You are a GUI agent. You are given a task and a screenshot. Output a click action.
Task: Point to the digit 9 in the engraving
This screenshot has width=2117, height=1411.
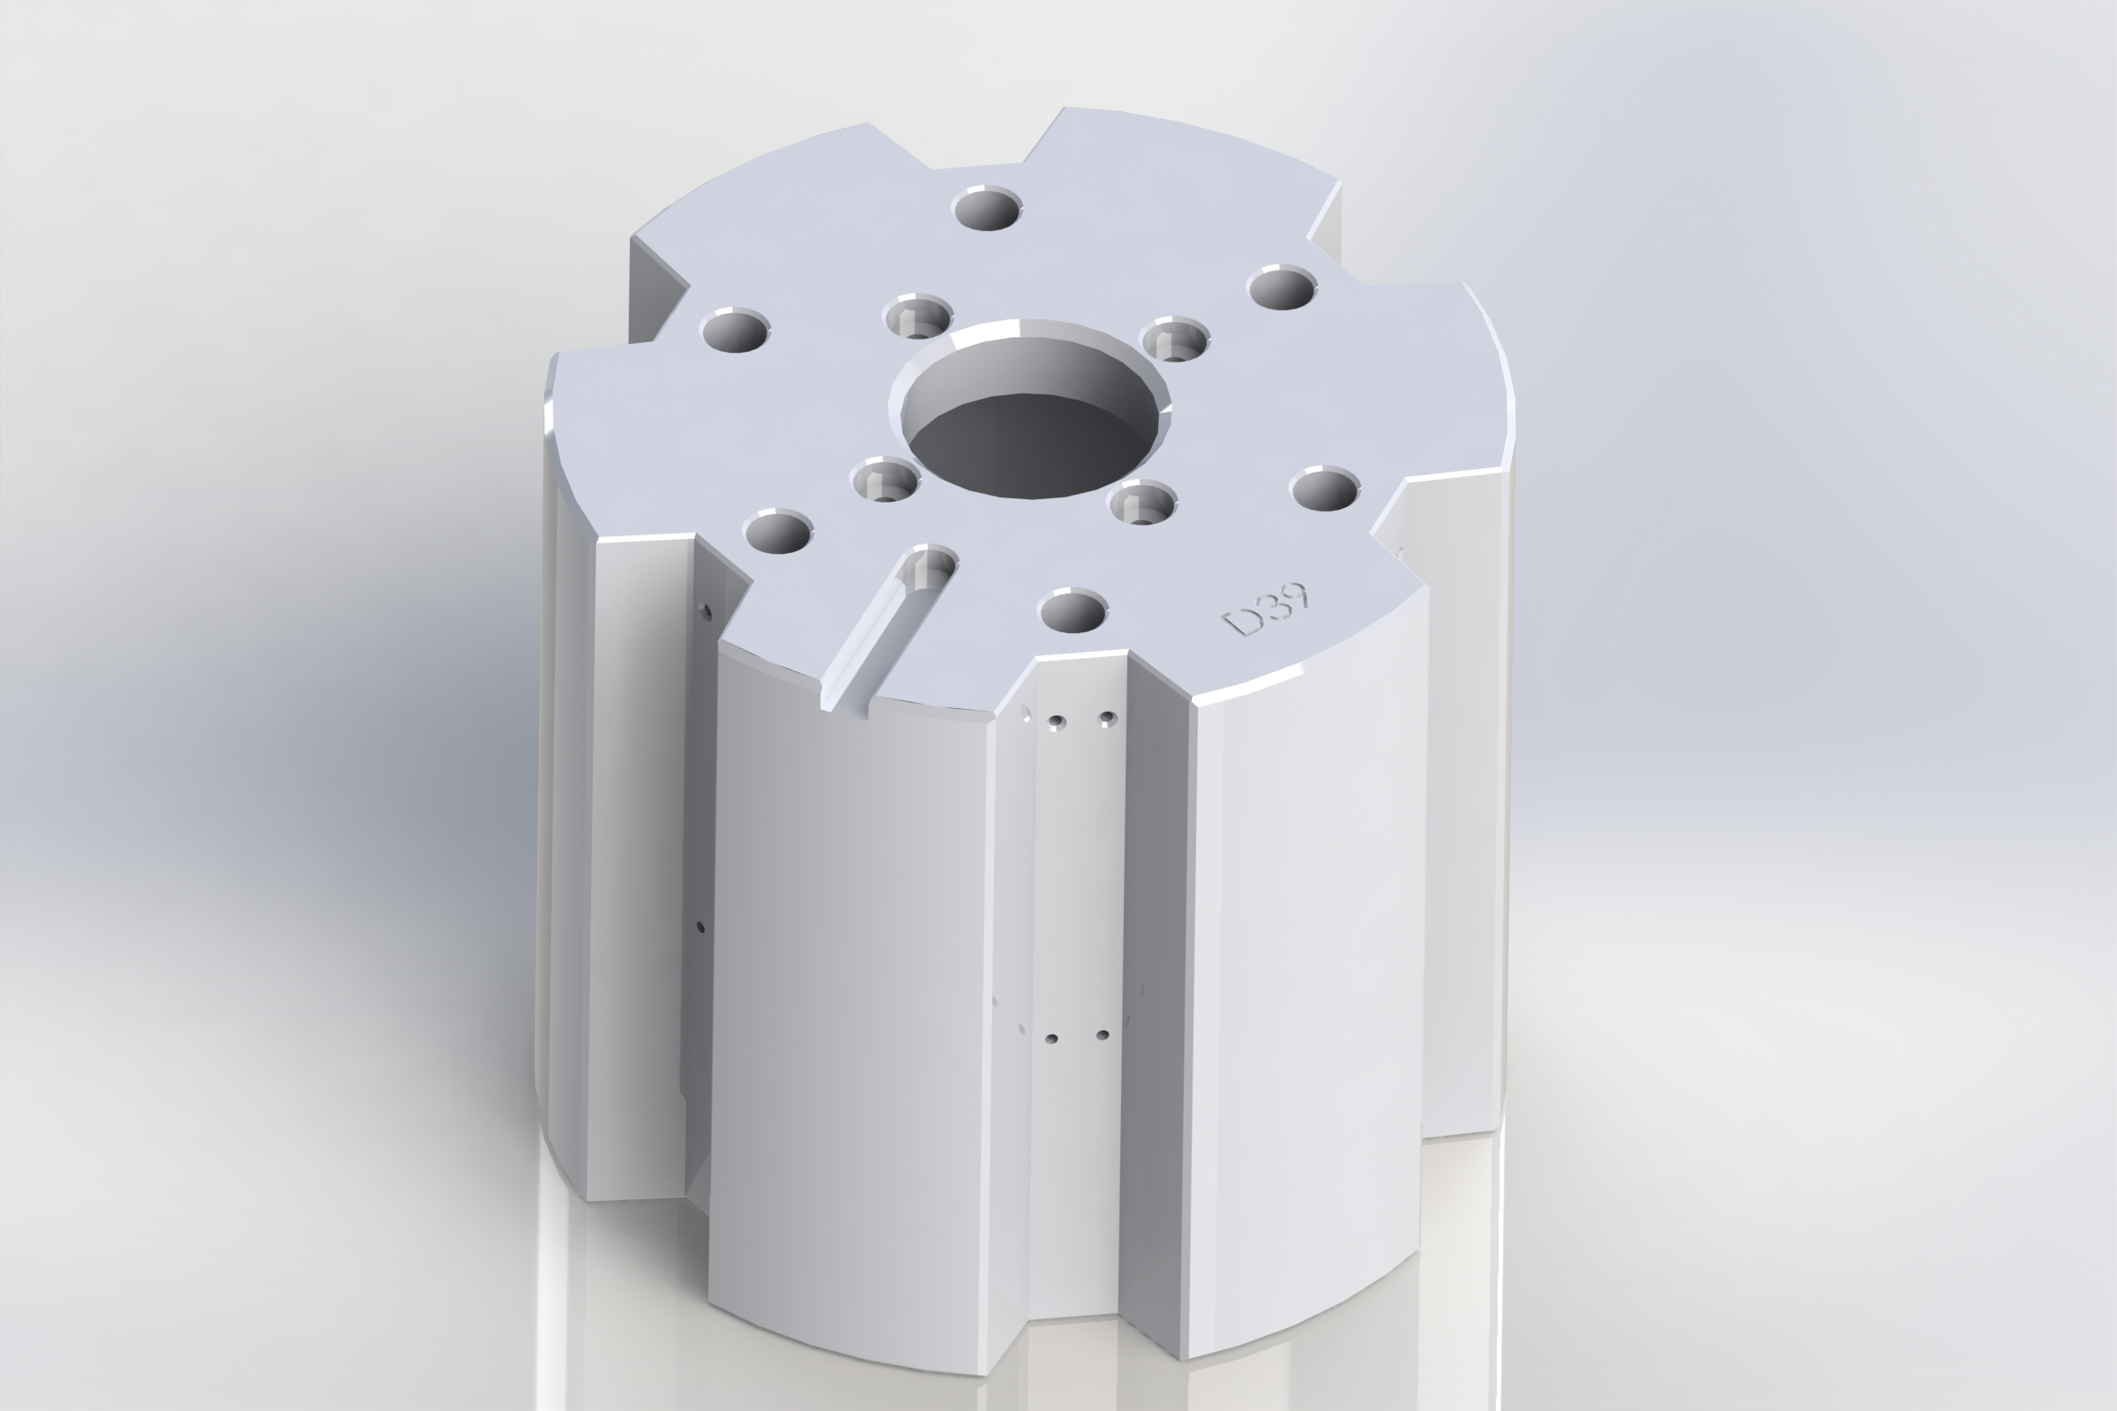click(x=1296, y=596)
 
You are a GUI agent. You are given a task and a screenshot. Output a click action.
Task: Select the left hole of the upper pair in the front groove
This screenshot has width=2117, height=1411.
click(x=1057, y=721)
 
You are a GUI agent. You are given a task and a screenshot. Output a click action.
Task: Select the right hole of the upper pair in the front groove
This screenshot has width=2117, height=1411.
click(x=1107, y=718)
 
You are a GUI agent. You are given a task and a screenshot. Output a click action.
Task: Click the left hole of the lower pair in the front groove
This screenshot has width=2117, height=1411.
click(x=1051, y=1039)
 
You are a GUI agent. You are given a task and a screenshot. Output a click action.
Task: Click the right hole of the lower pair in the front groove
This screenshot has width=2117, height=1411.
click(x=1103, y=1035)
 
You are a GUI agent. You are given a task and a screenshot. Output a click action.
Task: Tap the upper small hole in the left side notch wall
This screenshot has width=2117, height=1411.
click(x=706, y=613)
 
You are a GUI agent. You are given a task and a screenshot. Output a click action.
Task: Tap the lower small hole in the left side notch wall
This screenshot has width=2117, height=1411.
click(x=700, y=926)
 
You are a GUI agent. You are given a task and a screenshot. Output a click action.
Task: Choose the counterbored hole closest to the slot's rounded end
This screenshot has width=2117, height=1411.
click(x=885, y=480)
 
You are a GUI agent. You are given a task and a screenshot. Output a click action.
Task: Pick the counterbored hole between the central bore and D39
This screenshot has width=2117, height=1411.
click(x=1142, y=503)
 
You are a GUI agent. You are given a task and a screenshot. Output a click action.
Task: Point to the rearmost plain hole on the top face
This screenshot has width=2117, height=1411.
click(x=988, y=210)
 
